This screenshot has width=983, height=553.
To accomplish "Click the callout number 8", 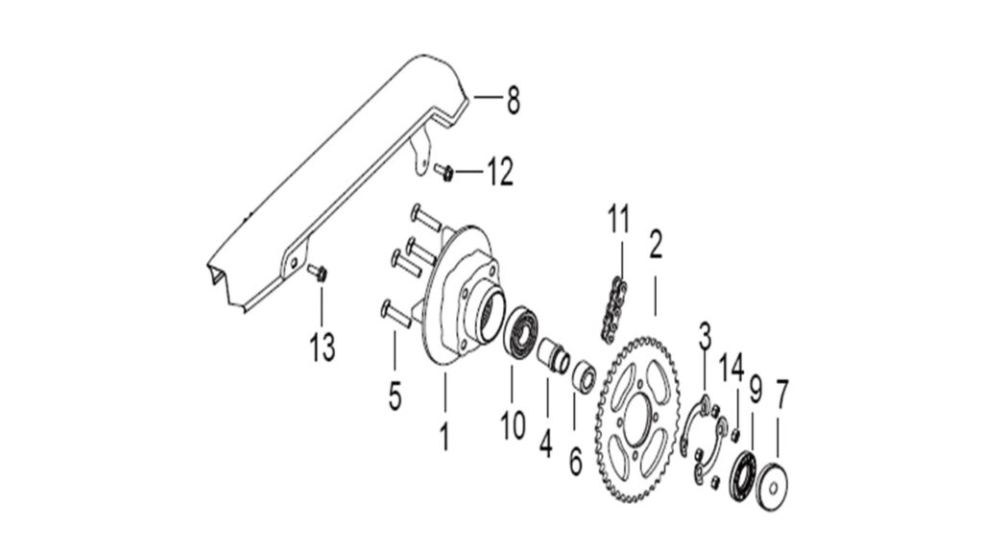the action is click(514, 100).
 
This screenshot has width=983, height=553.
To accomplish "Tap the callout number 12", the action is click(500, 171).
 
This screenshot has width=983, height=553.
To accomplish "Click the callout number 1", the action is click(444, 437).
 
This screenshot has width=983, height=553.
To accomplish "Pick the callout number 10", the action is click(513, 425).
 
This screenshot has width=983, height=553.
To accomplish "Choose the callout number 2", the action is click(656, 244).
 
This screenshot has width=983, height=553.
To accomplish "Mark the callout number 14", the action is click(731, 367).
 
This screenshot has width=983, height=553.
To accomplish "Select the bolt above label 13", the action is click(319, 272).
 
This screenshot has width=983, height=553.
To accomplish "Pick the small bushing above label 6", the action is click(584, 374).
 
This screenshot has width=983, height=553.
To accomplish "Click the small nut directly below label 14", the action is click(736, 435).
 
